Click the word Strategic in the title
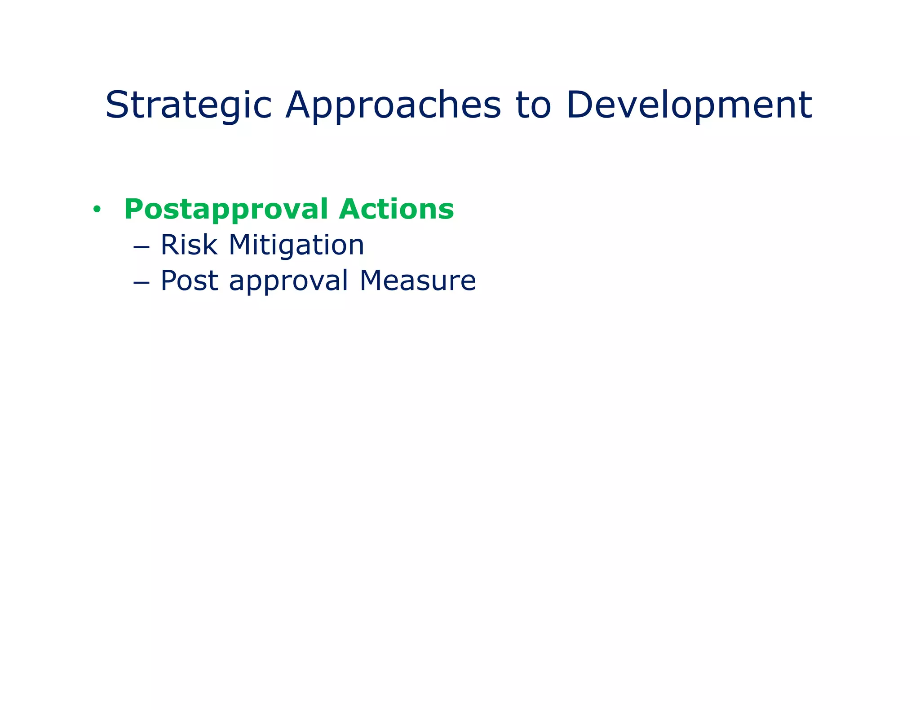point(189,105)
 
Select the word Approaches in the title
point(393,105)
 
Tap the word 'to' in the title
point(533,105)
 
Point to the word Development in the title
point(689,105)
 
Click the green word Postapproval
point(226,210)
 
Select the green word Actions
point(396,209)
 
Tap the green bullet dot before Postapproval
point(96,209)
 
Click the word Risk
point(189,245)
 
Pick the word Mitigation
point(296,246)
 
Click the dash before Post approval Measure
point(141,282)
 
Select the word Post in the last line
point(189,280)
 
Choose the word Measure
point(418,280)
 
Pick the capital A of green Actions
point(351,209)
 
